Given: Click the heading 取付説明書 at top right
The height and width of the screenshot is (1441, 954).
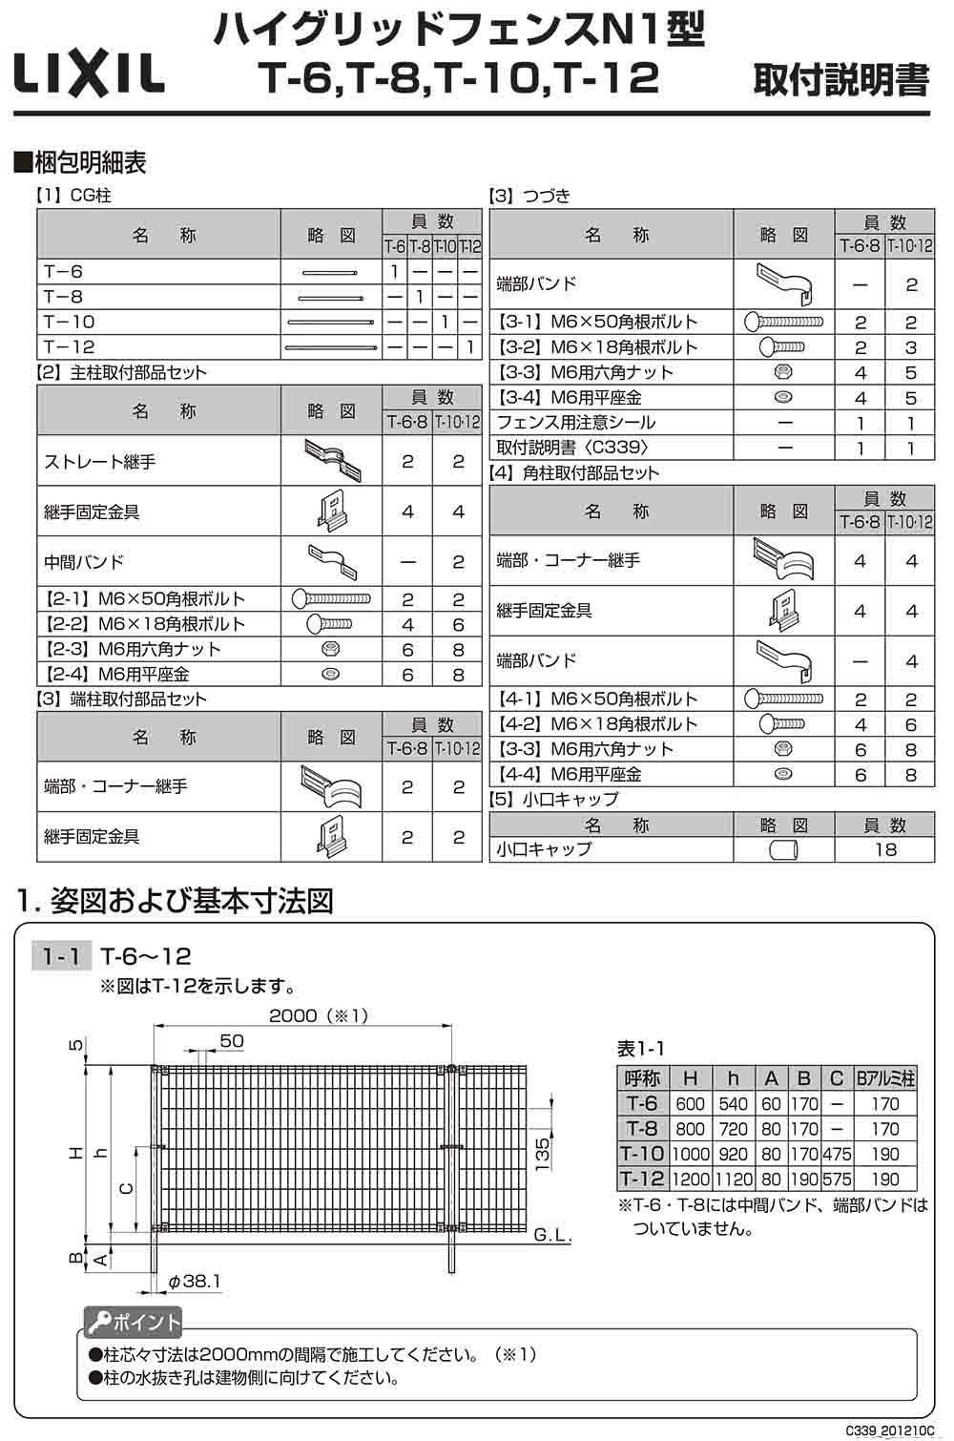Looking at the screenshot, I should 840,80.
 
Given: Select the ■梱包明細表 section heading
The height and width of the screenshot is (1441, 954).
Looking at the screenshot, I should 80,162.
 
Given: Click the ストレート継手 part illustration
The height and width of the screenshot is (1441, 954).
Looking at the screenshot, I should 333,460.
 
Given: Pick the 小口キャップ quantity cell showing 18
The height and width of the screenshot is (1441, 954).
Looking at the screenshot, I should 884,848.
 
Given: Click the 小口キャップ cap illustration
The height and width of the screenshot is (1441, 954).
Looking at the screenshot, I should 783,849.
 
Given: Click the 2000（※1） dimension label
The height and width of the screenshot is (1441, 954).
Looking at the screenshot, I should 318,1015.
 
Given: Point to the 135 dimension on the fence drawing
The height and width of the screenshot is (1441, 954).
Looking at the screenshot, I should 541,1153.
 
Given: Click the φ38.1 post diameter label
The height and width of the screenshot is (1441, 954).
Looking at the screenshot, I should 196,1281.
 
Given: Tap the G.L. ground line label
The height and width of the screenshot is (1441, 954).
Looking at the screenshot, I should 552,1236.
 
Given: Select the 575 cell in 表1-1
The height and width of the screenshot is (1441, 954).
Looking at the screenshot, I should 836,1179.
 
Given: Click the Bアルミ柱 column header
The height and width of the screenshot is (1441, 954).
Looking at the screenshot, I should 885,1078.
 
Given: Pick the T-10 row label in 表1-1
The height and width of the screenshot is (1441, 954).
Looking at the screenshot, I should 642,1154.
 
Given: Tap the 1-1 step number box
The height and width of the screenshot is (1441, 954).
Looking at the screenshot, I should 61,955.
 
